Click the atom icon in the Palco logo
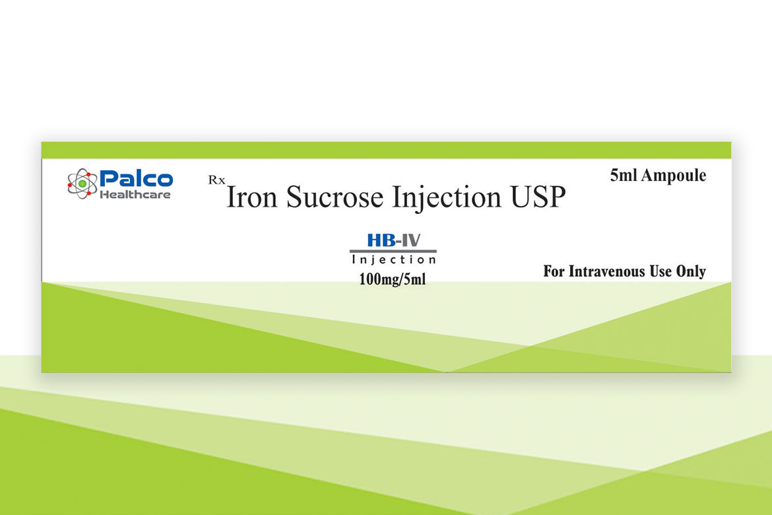pyautogui.click(x=82, y=184)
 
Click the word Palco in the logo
pyautogui.click(x=137, y=178)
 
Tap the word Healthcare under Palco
pyautogui.click(x=135, y=195)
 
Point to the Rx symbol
pyautogui.click(x=216, y=180)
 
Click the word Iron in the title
pyautogui.click(x=252, y=197)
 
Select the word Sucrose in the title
pyautogui.click(x=335, y=197)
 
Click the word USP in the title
pyautogui.click(x=538, y=197)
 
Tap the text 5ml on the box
pyautogui.click(x=623, y=175)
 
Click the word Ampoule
pyautogui.click(x=674, y=176)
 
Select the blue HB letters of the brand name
pyautogui.click(x=381, y=240)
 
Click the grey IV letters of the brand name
pyautogui.click(x=410, y=240)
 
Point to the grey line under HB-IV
pyautogui.click(x=393, y=252)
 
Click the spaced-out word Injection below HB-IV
pyautogui.click(x=394, y=260)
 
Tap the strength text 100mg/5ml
pyautogui.click(x=393, y=279)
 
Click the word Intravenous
pyautogui.click(x=606, y=271)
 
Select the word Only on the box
pyautogui.click(x=691, y=271)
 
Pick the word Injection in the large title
pyautogui.click(x=447, y=198)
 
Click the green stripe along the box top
pyautogui.click(x=386, y=151)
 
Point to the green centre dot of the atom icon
pyautogui.click(x=82, y=184)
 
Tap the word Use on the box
pyautogui.click(x=660, y=271)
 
